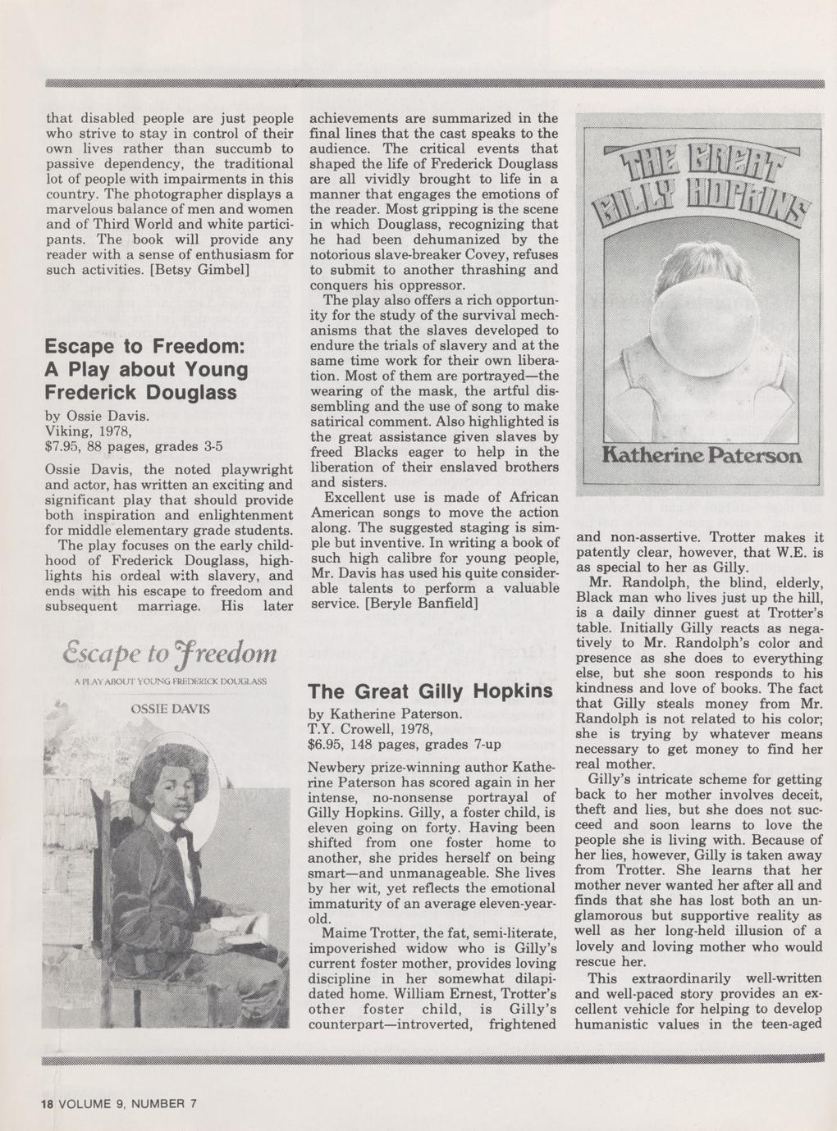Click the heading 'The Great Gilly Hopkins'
(430, 691)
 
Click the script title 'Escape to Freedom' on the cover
(171, 654)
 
